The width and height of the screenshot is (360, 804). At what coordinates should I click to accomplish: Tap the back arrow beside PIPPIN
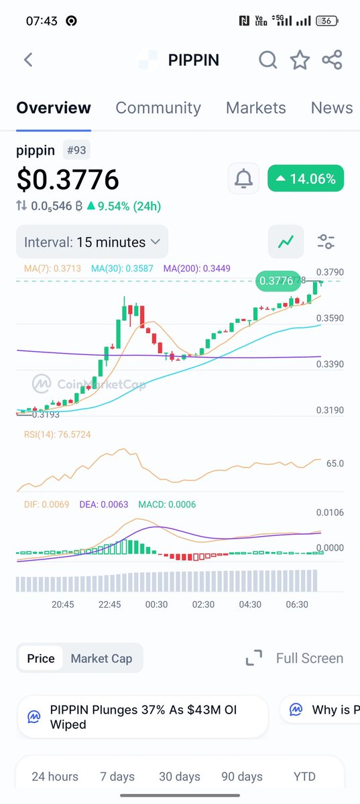(28, 60)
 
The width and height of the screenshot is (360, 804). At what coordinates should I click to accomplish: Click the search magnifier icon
(267, 60)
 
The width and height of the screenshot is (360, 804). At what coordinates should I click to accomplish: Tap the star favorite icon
(300, 60)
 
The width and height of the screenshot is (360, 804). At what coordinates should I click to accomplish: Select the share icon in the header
(332, 60)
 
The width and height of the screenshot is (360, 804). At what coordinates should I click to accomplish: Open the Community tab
(158, 108)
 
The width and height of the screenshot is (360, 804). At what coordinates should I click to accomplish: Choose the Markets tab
(255, 108)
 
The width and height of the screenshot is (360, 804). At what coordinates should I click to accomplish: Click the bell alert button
(243, 179)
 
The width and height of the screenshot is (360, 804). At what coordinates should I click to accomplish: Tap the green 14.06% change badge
(306, 179)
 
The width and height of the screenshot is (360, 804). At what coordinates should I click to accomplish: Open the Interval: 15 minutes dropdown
(92, 242)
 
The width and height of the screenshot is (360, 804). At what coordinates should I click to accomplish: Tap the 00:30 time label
(156, 604)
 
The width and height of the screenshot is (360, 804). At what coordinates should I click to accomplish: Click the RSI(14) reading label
(57, 435)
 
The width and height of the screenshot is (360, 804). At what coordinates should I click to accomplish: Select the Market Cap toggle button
(101, 658)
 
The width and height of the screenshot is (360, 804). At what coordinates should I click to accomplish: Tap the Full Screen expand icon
(254, 658)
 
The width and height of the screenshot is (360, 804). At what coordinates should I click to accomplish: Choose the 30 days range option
(180, 777)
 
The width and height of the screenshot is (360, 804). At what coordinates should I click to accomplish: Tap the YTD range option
(304, 777)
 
